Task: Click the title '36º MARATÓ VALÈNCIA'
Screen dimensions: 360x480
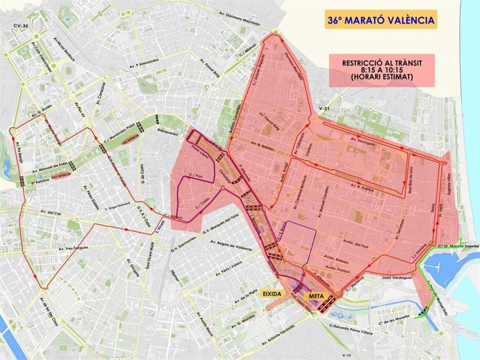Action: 381,19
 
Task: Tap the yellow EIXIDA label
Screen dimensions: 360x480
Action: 272,294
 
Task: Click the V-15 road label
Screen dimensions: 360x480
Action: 346,354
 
